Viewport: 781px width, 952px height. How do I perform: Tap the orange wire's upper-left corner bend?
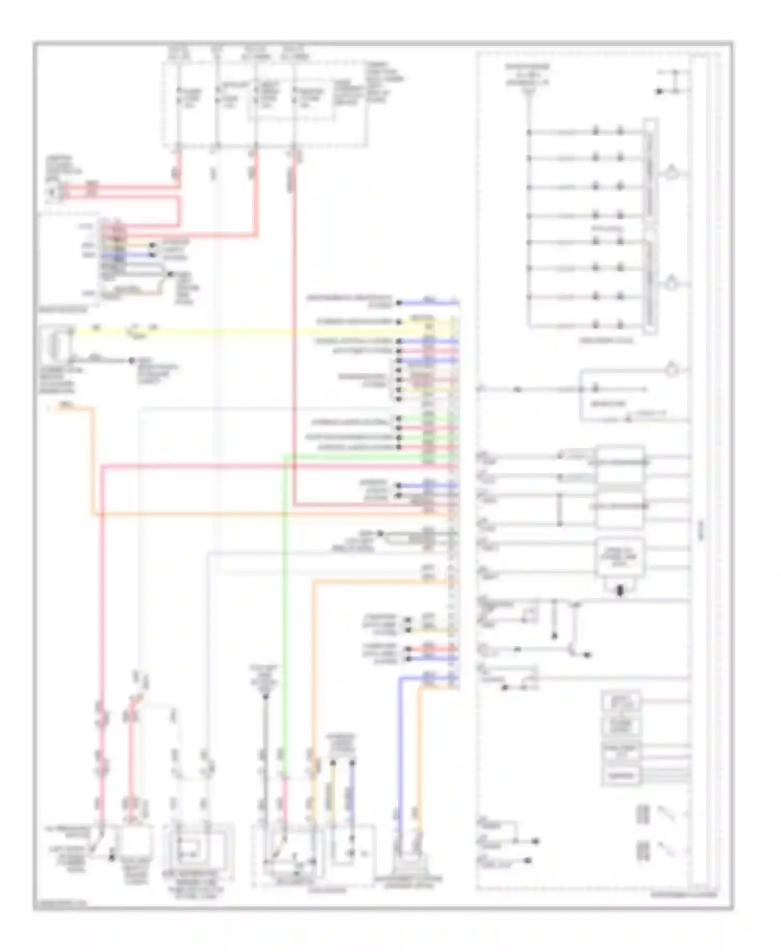93,409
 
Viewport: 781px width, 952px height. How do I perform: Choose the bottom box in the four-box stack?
621,775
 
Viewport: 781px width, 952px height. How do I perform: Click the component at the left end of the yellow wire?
55,344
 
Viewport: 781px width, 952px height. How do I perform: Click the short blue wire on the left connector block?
138,255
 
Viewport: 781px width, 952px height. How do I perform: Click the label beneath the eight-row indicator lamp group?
607,341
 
